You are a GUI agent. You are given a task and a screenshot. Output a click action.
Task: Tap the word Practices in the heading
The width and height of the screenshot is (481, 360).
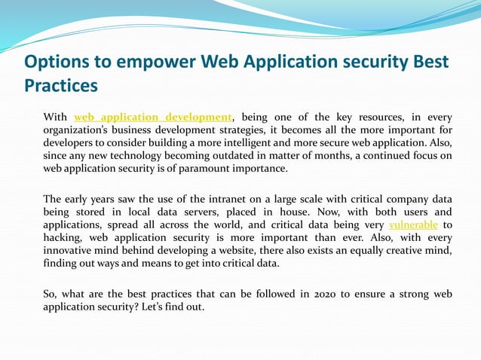pyautogui.click(x=61, y=86)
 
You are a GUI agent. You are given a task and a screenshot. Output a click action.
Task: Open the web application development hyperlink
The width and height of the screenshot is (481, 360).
pyautogui.click(x=153, y=117)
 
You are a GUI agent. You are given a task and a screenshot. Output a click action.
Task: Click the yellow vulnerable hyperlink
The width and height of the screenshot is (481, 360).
pyautogui.click(x=412, y=225)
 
